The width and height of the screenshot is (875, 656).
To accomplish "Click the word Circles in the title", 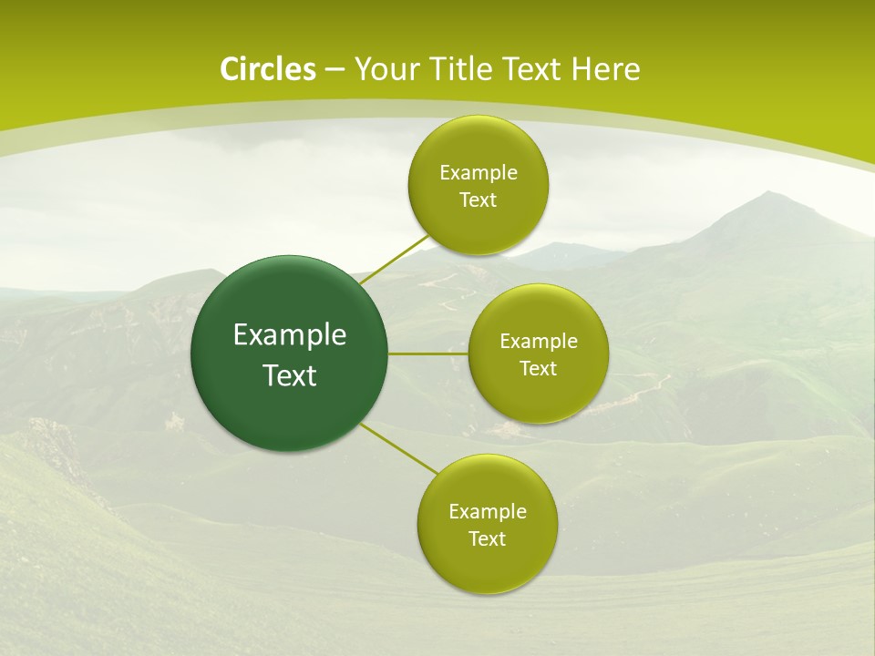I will coord(268,69).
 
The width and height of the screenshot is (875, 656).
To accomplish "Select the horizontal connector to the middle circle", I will coord(428,354).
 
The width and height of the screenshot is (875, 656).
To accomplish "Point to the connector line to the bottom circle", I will coord(399,447).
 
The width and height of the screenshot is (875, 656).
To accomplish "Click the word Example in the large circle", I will coord(290,335).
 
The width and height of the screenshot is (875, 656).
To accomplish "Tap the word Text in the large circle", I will coord(290,375).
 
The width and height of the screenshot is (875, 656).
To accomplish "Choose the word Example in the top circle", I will coord(479,173).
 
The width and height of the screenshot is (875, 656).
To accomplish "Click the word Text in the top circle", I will coord(479,200).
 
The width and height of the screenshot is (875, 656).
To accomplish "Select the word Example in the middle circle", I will coord(539,342).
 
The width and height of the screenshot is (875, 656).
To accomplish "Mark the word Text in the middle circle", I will coord(539,369).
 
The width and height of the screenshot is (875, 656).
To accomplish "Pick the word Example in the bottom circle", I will coord(488,512).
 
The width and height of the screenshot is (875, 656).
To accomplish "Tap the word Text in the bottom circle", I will coord(488,539).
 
